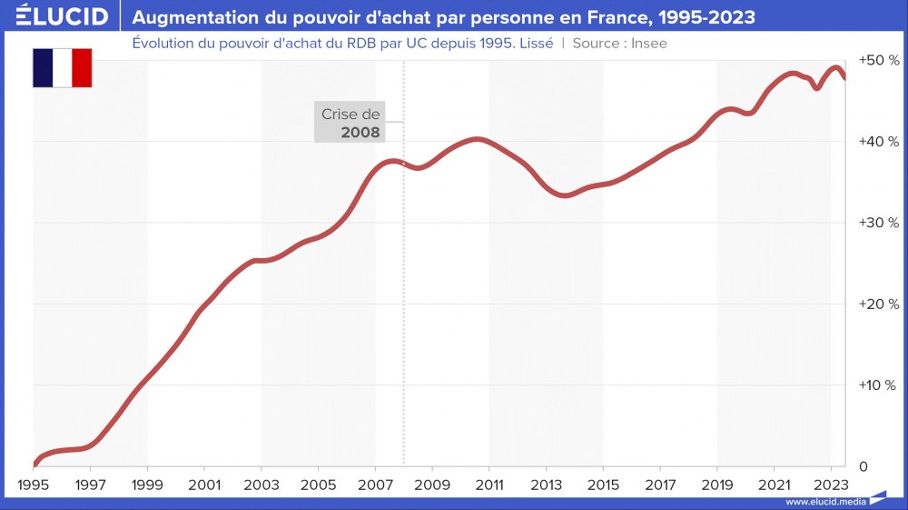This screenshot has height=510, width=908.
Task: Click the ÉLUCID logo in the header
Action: (55, 16)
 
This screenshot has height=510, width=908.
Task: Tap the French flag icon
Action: (63, 68)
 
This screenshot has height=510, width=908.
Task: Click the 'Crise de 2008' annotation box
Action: (350, 123)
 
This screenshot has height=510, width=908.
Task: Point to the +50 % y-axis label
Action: (878, 60)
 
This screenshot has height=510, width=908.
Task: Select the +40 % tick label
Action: (878, 142)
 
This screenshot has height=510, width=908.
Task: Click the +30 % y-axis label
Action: (878, 223)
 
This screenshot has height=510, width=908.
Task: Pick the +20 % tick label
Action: (878, 304)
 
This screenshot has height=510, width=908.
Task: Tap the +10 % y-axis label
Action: (878, 385)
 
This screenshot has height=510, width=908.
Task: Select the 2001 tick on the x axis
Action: (204, 485)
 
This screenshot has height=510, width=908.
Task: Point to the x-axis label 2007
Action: (375, 485)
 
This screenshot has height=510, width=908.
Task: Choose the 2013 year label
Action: (546, 485)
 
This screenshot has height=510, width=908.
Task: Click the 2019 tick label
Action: (717, 485)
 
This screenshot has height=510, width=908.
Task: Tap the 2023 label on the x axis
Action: (831, 485)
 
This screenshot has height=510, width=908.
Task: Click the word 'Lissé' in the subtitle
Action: (534, 43)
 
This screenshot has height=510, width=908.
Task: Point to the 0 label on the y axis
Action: (864, 466)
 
